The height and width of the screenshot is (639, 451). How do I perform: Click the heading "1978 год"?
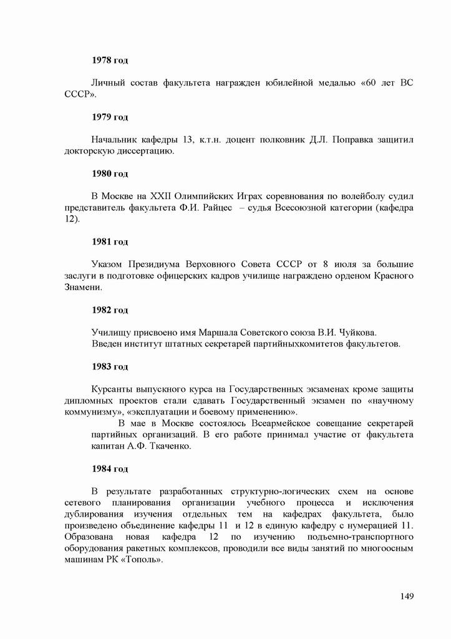[110, 60]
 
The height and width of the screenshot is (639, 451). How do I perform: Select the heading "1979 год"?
[110, 117]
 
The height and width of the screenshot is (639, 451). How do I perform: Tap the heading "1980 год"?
[110, 173]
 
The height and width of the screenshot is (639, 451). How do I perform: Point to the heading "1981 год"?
[110, 241]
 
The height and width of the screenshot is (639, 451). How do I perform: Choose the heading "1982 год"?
[110, 310]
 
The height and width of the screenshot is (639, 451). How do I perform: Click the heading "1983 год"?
[110, 366]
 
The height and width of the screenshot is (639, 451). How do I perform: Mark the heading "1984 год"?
[110, 469]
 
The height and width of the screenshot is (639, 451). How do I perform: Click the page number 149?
[407, 597]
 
